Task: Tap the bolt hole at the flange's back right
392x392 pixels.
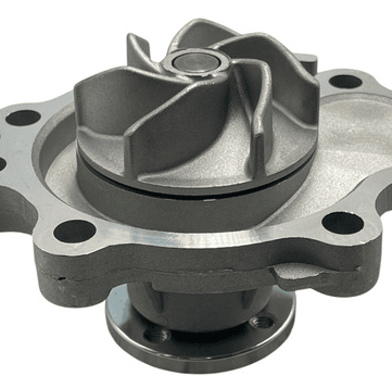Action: click(345, 82)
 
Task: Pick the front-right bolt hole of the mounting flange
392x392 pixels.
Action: click(342, 222)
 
